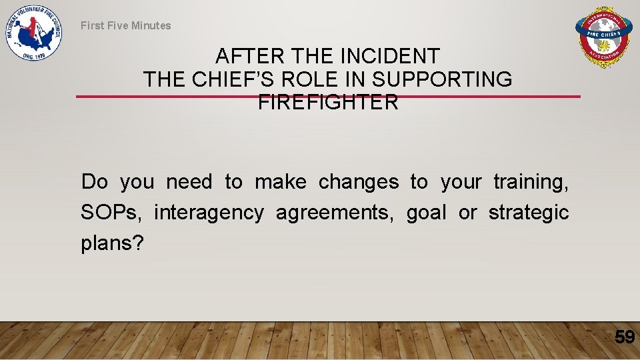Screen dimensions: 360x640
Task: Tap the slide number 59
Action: (x=625, y=337)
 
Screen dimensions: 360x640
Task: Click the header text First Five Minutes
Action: (x=126, y=25)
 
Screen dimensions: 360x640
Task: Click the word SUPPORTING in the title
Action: (x=442, y=79)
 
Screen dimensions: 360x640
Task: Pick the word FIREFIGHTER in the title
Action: (x=327, y=102)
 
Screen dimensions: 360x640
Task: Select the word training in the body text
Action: (x=531, y=182)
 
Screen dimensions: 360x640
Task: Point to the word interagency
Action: (x=209, y=213)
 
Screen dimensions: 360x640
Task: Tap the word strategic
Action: (x=529, y=213)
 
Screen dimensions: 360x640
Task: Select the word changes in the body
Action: (x=359, y=182)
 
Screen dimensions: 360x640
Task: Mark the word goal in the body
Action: (x=427, y=213)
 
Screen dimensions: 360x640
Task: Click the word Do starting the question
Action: (x=95, y=182)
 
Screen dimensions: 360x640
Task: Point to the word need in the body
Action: (x=189, y=182)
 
